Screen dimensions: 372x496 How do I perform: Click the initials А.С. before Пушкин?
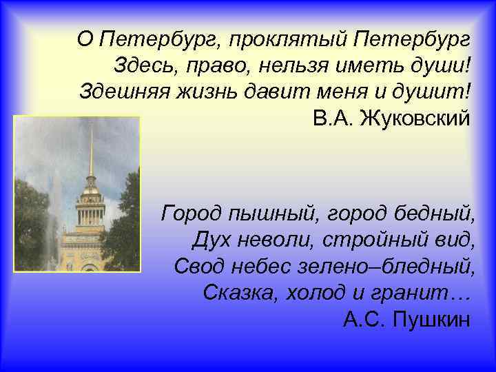364,318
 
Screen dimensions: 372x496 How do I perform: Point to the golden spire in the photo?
90,148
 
